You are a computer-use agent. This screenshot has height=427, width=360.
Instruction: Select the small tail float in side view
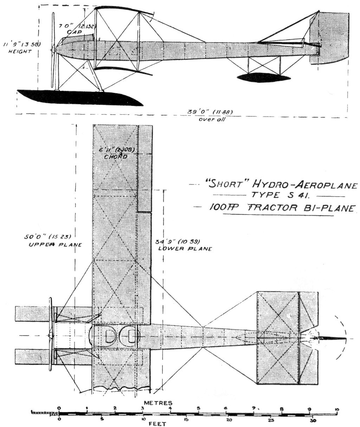264,77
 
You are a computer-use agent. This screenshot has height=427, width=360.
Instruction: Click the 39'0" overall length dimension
210,113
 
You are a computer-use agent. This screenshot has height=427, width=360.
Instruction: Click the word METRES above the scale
158,402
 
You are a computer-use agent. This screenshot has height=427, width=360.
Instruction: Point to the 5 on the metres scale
199,408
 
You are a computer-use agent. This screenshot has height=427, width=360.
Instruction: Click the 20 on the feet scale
229,420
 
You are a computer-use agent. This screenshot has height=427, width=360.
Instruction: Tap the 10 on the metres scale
337,409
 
